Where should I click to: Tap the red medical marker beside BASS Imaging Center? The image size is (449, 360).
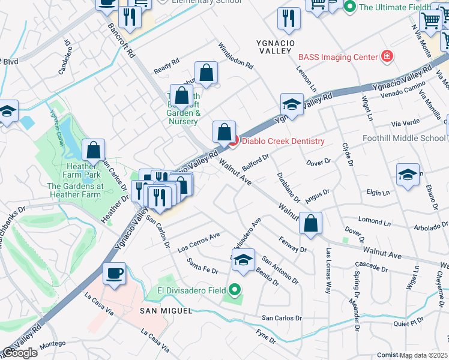pyautogui.click(x=388, y=57)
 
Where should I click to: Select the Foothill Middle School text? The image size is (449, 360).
pyautogui.click(x=404, y=138)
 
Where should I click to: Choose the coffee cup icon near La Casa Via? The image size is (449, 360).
pyautogui.click(x=113, y=273)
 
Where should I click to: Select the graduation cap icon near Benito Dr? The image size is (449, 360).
pyautogui.click(x=243, y=259)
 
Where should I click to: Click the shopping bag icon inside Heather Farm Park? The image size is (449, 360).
pyautogui.click(x=93, y=149)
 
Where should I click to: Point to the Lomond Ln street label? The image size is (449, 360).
pyautogui.click(x=375, y=221)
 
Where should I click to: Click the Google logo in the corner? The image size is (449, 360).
pyautogui.click(x=20, y=353)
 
